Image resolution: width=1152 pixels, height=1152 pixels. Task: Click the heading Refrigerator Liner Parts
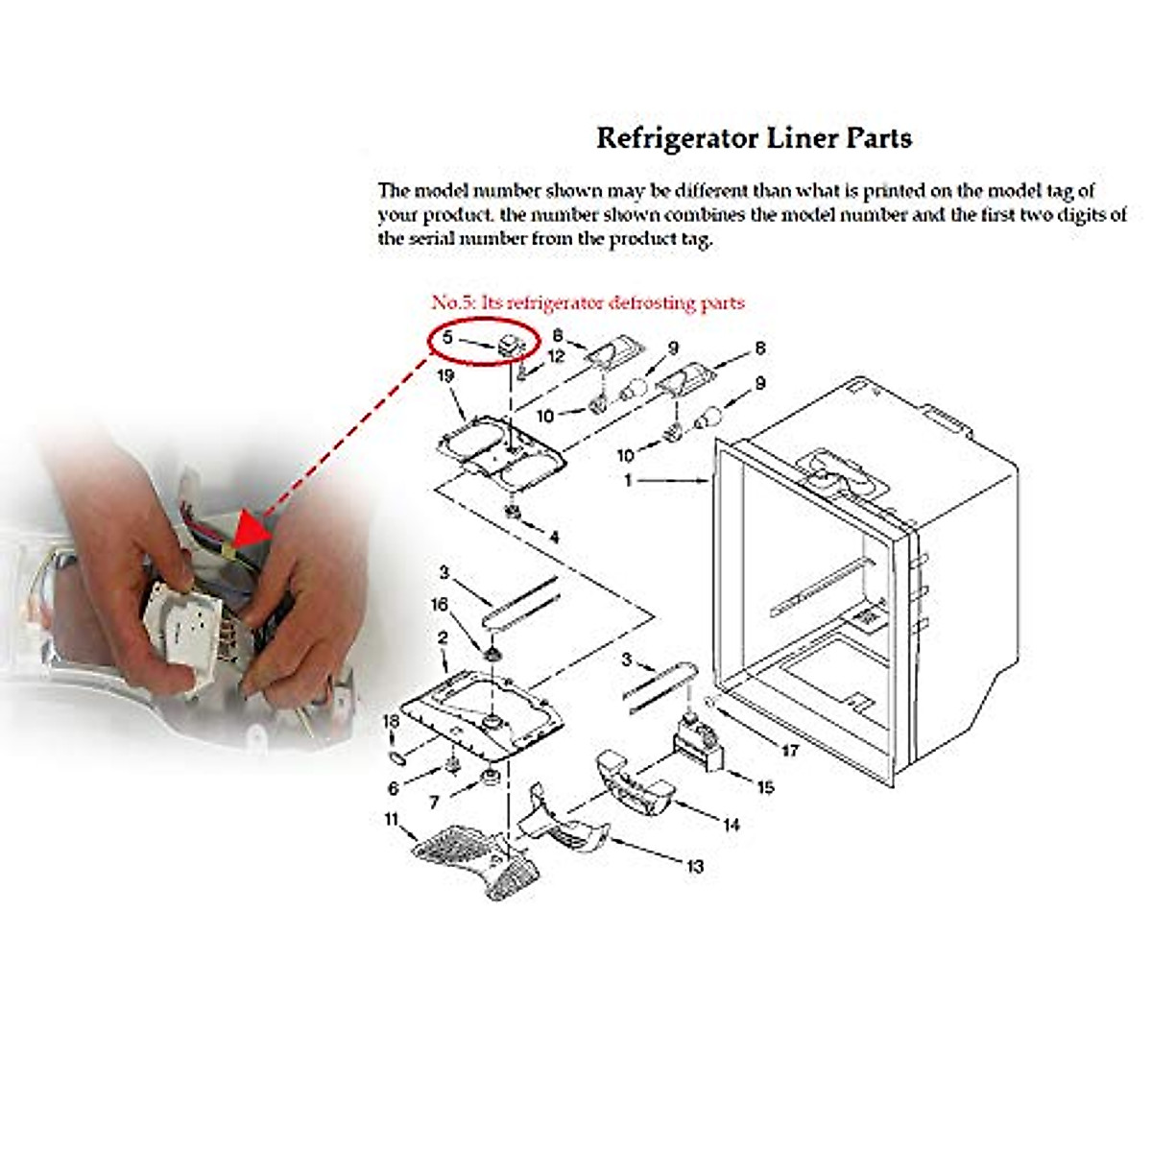click(754, 138)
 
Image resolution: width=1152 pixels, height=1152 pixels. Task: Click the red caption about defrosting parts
click(588, 303)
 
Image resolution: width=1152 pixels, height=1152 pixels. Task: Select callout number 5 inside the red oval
click(447, 338)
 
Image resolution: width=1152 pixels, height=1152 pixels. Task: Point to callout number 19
click(444, 376)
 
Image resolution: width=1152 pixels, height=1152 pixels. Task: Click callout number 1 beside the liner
click(629, 479)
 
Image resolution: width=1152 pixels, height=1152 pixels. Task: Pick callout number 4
click(553, 538)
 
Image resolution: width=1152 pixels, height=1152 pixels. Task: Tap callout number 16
click(440, 605)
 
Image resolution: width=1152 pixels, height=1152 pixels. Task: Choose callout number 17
click(789, 750)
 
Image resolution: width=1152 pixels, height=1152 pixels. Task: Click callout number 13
click(694, 866)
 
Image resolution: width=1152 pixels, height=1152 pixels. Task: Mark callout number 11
click(391, 819)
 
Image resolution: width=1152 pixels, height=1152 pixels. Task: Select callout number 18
click(391, 721)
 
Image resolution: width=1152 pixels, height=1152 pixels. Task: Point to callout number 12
click(556, 357)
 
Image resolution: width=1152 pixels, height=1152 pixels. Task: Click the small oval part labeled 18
click(395, 756)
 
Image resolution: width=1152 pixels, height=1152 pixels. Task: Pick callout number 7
click(434, 801)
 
